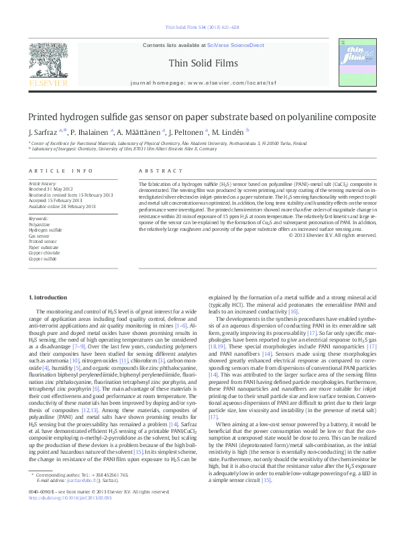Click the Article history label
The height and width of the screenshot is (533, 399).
(x=42, y=183)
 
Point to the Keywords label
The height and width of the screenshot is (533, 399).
(x=38, y=219)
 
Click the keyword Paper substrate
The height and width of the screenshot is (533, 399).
(x=44, y=247)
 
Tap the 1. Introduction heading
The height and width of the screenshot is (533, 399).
(x=50, y=297)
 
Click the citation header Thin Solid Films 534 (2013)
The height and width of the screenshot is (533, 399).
(x=200, y=27)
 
